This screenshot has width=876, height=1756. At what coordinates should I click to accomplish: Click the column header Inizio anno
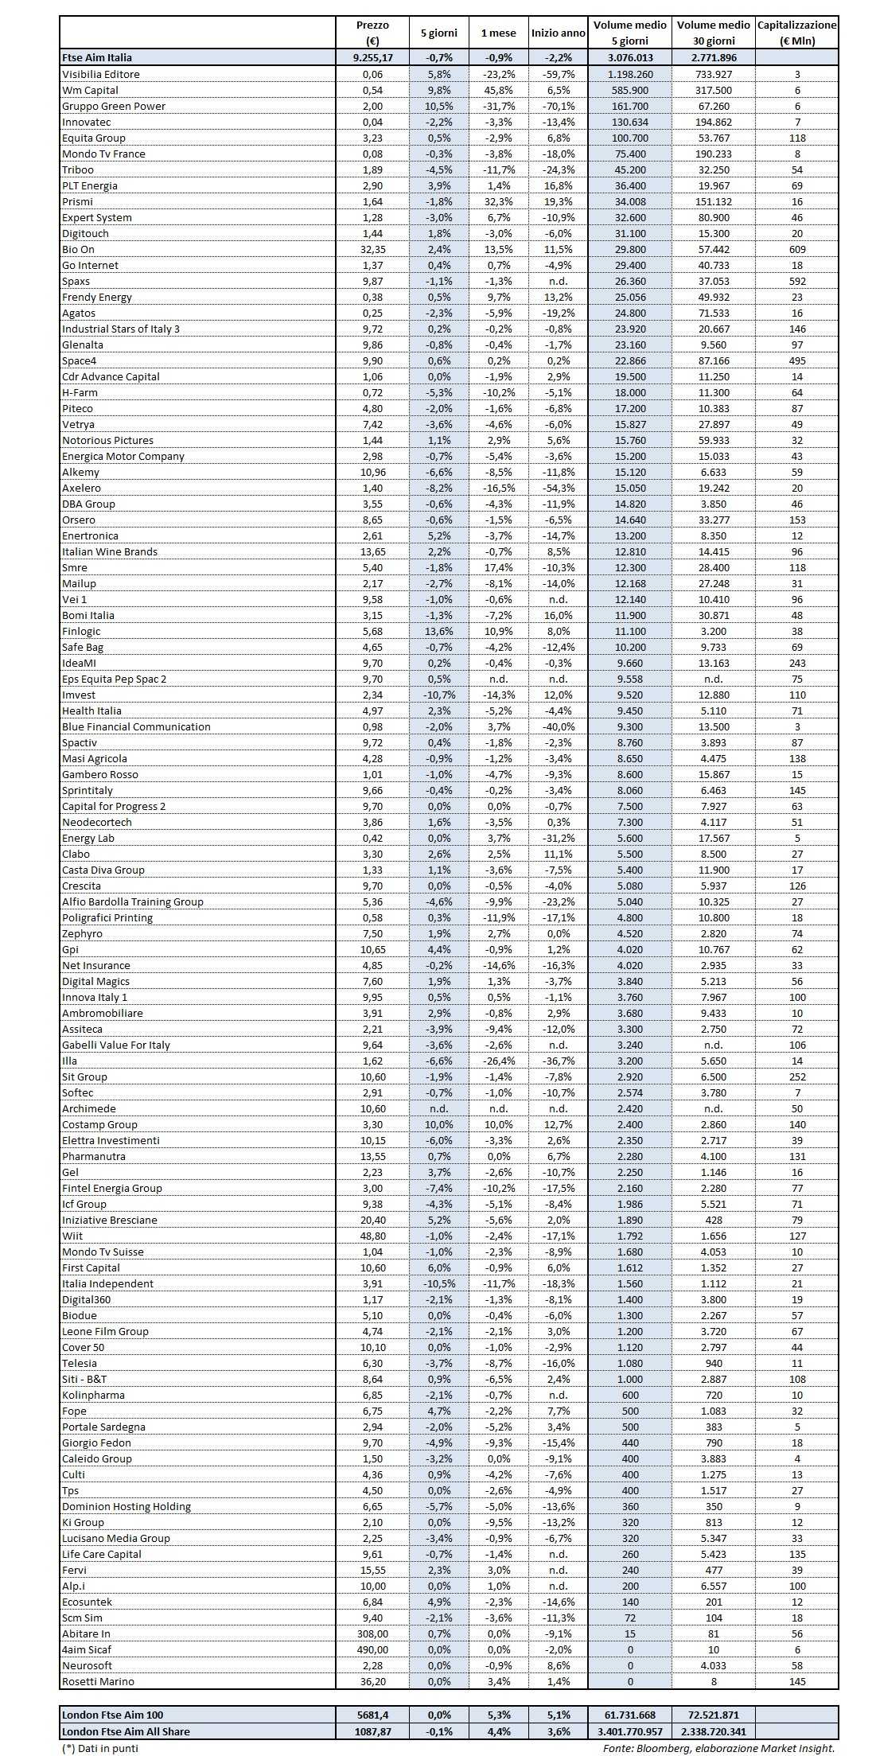(558, 33)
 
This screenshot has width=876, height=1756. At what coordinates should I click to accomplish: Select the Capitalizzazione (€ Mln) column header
(796, 33)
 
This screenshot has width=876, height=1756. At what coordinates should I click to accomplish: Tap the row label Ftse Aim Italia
(97, 57)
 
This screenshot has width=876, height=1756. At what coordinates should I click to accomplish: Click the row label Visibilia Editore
(101, 74)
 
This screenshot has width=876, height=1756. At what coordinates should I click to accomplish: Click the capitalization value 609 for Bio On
(796, 249)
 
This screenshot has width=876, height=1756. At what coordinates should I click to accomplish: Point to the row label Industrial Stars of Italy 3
(121, 329)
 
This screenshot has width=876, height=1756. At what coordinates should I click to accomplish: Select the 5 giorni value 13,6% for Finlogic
(438, 631)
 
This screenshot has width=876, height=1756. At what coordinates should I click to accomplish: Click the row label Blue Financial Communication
(136, 726)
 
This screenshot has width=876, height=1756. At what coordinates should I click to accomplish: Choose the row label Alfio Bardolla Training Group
(133, 901)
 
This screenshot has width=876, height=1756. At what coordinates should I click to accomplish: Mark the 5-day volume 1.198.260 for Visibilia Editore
(630, 74)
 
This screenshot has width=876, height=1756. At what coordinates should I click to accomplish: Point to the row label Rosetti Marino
(98, 1681)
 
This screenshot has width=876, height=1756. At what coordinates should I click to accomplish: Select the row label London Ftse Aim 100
(112, 1715)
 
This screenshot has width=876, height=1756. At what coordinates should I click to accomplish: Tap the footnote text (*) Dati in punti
(101, 1748)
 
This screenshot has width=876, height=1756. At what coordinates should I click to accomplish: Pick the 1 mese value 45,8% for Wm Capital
(498, 90)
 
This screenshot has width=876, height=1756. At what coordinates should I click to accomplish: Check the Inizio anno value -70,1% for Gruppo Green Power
(558, 106)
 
